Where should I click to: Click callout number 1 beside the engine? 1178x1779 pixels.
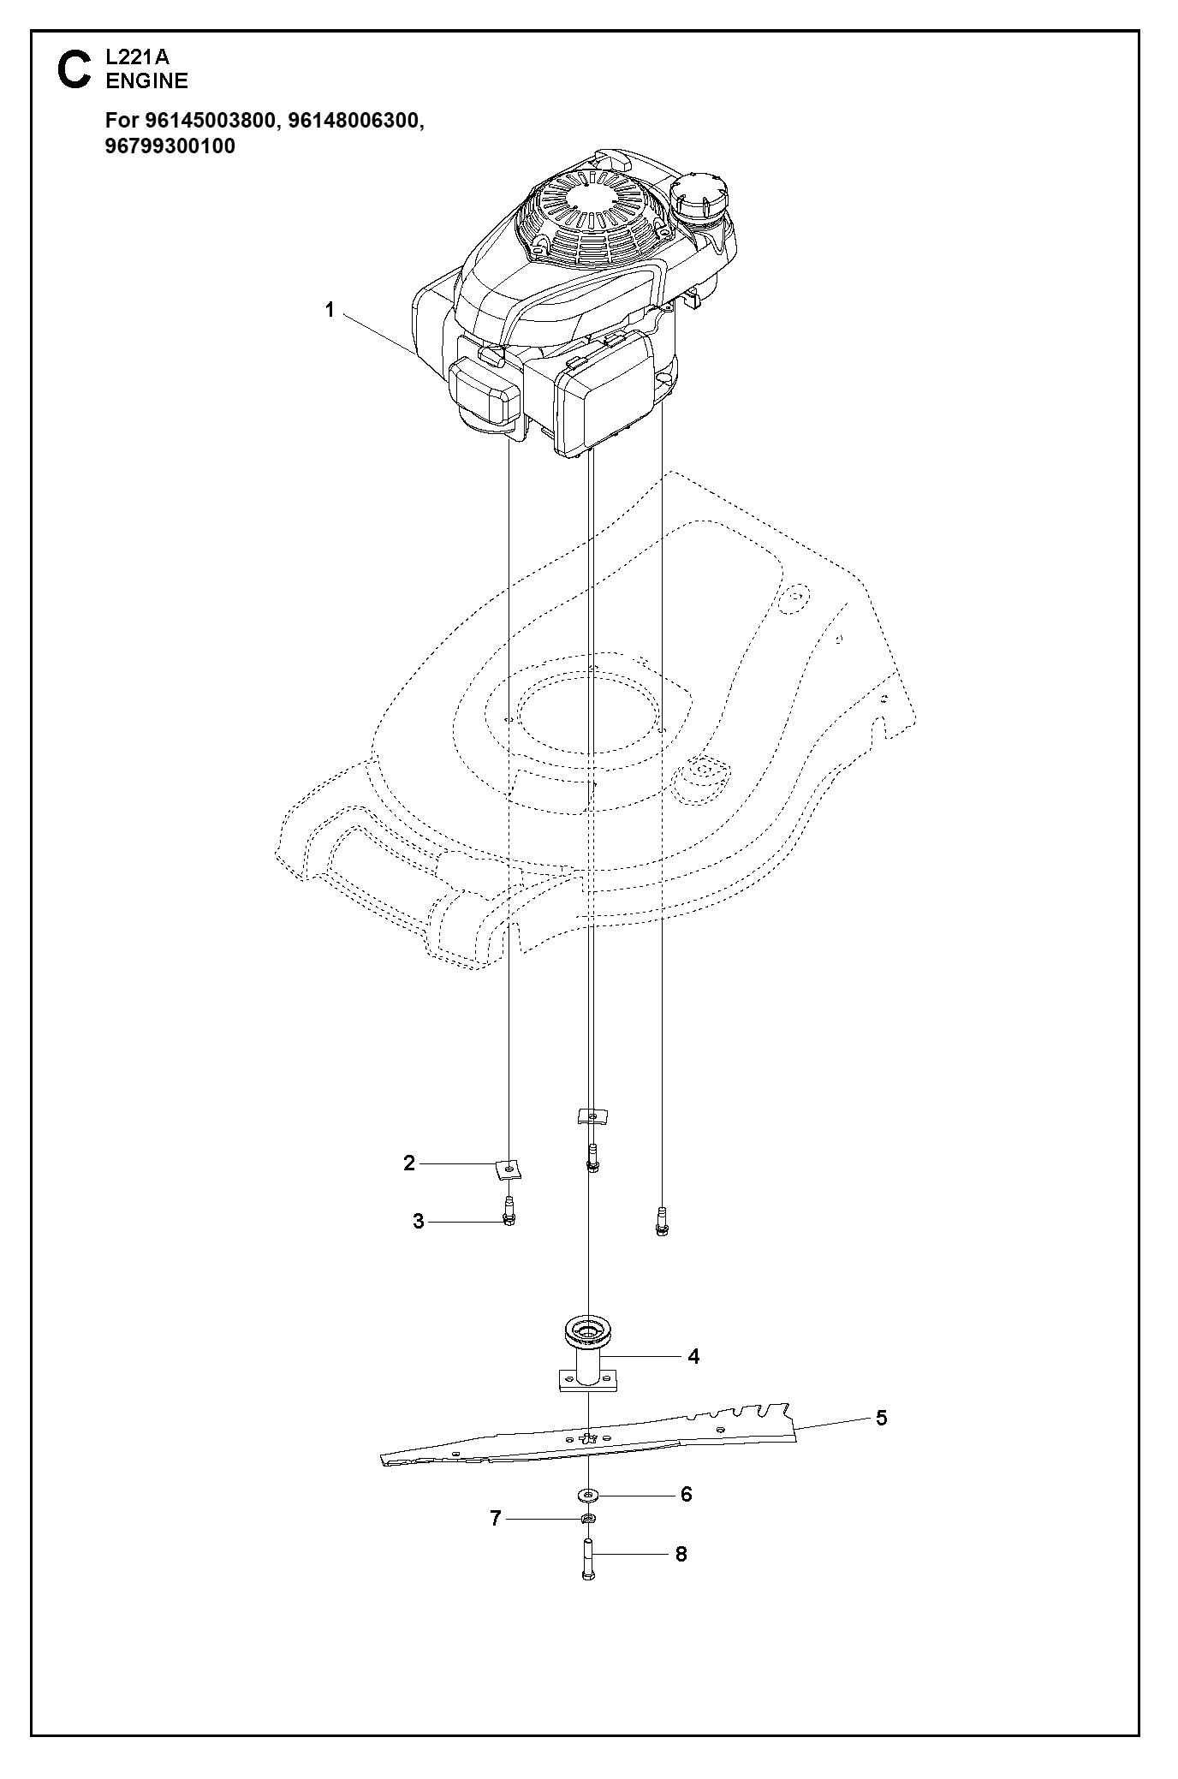pyautogui.click(x=330, y=311)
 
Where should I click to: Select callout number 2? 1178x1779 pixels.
pyautogui.click(x=409, y=1163)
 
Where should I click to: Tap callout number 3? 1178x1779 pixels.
pyautogui.click(x=418, y=1222)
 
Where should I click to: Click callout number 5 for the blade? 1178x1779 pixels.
pyautogui.click(x=882, y=1419)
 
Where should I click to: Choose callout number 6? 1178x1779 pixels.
pyautogui.click(x=686, y=1494)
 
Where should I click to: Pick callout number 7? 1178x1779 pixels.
pyautogui.click(x=495, y=1519)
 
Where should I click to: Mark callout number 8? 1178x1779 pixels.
pyautogui.click(x=681, y=1554)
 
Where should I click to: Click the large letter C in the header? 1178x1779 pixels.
pyautogui.click(x=74, y=69)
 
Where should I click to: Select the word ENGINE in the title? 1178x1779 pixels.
pyautogui.click(x=146, y=81)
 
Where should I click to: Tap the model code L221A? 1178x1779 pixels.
pyautogui.click(x=138, y=58)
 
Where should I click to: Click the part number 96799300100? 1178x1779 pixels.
pyautogui.click(x=170, y=146)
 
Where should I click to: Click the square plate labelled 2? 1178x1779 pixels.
pyautogui.click(x=509, y=1167)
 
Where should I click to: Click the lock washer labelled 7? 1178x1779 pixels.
pyautogui.click(x=587, y=1520)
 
